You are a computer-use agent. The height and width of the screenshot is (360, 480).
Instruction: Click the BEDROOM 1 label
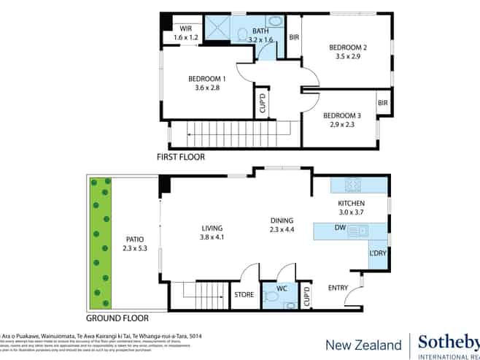pos(206,78)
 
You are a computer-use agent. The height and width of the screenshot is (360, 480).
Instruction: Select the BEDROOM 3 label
pos(342,115)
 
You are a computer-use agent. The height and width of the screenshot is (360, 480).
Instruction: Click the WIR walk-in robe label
pos(186,28)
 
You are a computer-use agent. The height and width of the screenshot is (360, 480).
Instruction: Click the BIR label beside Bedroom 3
pos(382,103)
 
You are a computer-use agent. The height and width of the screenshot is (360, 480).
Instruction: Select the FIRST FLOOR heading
pos(181,157)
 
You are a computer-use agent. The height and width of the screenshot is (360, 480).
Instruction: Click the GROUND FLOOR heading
pos(117,318)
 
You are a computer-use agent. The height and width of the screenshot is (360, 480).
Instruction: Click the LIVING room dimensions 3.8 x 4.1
pos(212,237)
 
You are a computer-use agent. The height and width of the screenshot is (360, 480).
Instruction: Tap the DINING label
pos(281,221)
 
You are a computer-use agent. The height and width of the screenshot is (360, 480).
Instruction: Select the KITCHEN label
pos(351,203)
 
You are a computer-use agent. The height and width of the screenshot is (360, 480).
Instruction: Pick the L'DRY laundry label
pos(378,253)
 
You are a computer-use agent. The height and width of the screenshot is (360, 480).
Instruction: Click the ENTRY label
pos(338,288)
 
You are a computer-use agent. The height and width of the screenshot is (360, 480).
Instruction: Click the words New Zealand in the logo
pos(363,345)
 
